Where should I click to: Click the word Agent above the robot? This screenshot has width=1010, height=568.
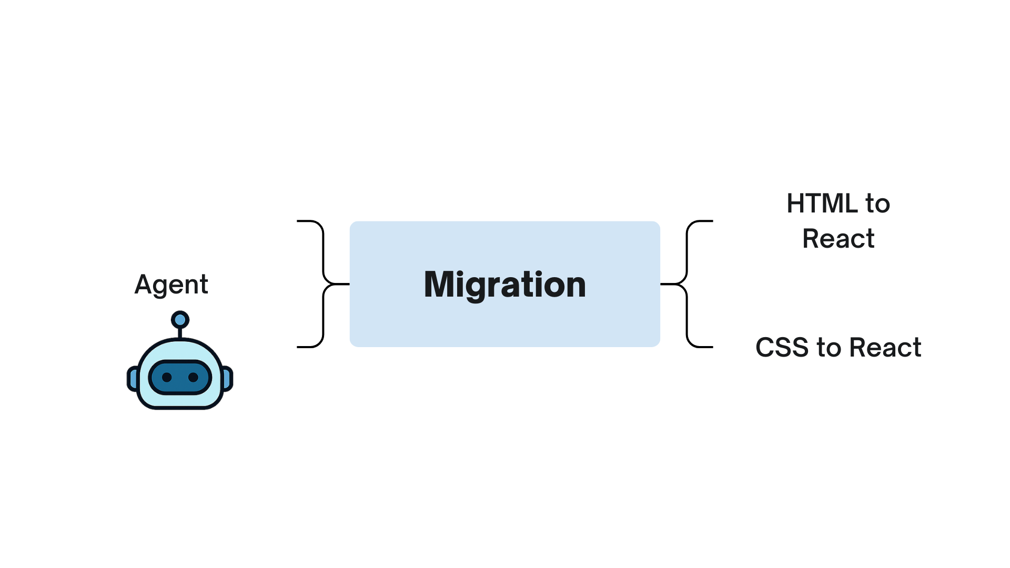171,285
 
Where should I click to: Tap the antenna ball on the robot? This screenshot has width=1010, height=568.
180,319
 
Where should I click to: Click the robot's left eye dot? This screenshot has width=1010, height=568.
167,377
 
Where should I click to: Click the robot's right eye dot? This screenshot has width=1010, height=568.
193,377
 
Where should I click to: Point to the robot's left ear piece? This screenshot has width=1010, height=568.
133,379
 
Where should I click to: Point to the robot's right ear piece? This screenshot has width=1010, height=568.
228,379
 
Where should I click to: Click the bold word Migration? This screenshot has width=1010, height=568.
504,285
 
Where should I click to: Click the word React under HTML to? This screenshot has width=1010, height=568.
838,239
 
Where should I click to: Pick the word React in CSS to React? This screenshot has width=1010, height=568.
885,348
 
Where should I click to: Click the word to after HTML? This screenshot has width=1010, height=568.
877,204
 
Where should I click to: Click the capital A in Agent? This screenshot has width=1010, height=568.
144,285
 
